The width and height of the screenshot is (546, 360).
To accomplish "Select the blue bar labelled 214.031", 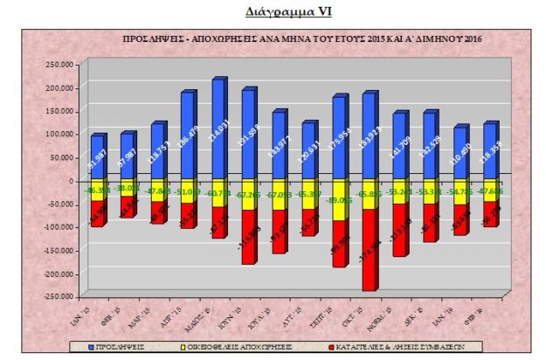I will coord(218,131).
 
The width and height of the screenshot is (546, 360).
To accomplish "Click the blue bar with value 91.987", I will coord(97,157).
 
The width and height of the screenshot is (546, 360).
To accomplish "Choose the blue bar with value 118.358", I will coord(490,153).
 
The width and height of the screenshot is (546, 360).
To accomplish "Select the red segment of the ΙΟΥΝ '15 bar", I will coord(248,236).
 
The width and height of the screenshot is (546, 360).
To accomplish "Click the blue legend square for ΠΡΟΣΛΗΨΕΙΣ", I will coord(92,348).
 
